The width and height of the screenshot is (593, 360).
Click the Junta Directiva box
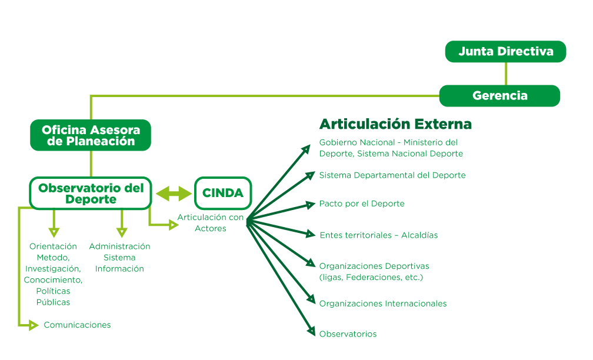click(x=505, y=52)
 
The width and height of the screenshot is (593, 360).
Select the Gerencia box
click(x=499, y=95)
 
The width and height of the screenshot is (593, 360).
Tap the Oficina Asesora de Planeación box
click(x=91, y=135)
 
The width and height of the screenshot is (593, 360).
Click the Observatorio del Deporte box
click(x=91, y=193)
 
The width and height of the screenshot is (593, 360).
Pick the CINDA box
click(x=223, y=193)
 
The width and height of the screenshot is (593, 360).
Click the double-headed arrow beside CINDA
click(x=174, y=193)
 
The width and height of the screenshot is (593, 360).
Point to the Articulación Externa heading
click(x=395, y=124)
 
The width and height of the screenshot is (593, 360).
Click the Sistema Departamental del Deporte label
click(x=392, y=175)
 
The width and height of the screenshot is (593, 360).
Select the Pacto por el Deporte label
click(x=361, y=204)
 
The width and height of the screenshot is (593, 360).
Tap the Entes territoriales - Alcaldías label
click(x=378, y=235)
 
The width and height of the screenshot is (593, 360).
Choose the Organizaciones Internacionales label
click(x=382, y=304)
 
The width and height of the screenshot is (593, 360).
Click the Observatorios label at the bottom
click(x=348, y=334)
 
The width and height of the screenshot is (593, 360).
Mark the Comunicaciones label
click(x=77, y=325)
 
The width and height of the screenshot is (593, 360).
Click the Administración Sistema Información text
click(x=119, y=257)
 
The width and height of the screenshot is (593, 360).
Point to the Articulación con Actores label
click(x=211, y=223)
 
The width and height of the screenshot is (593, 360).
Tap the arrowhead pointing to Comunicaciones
click(x=35, y=325)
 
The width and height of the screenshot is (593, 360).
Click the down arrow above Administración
click(x=122, y=231)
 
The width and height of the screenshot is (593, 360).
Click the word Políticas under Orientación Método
click(x=53, y=291)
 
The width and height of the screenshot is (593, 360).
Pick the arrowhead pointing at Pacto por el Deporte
click(x=312, y=204)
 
